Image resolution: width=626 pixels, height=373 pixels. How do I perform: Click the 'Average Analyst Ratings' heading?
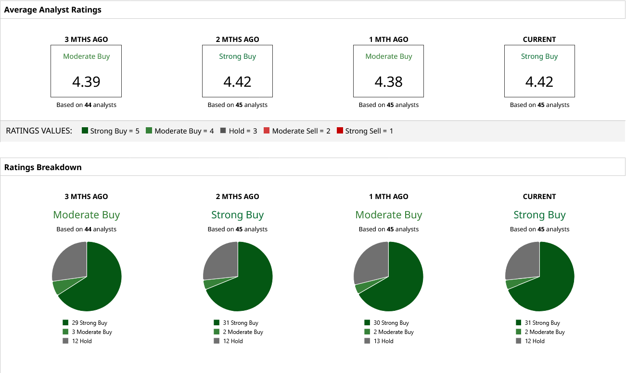click(53, 10)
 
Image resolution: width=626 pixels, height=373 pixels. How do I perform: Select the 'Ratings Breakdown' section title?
click(43, 167)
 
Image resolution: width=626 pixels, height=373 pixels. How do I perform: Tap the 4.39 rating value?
click(86, 81)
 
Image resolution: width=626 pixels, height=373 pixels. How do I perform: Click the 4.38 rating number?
click(388, 81)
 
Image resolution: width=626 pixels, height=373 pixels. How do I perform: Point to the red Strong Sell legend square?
click(340, 131)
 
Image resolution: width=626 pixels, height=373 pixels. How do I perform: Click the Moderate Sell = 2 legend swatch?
click(267, 131)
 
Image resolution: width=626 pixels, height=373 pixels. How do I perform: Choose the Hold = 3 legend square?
click(223, 131)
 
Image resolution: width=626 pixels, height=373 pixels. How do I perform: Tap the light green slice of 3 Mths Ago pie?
click(60, 287)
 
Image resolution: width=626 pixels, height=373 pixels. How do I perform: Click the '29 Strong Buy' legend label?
click(89, 323)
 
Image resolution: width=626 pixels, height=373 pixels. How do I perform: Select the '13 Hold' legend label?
click(383, 341)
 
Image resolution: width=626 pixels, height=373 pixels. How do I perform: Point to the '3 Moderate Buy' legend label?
click(92, 332)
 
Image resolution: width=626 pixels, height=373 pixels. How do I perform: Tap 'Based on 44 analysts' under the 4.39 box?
click(86, 105)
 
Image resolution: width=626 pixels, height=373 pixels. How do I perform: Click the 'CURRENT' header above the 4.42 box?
click(539, 40)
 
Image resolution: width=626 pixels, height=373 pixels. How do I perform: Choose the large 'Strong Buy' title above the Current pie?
click(539, 215)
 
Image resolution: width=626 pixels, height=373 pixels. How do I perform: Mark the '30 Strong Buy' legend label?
click(391, 323)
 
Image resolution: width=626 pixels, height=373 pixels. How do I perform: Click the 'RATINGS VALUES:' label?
click(39, 131)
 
